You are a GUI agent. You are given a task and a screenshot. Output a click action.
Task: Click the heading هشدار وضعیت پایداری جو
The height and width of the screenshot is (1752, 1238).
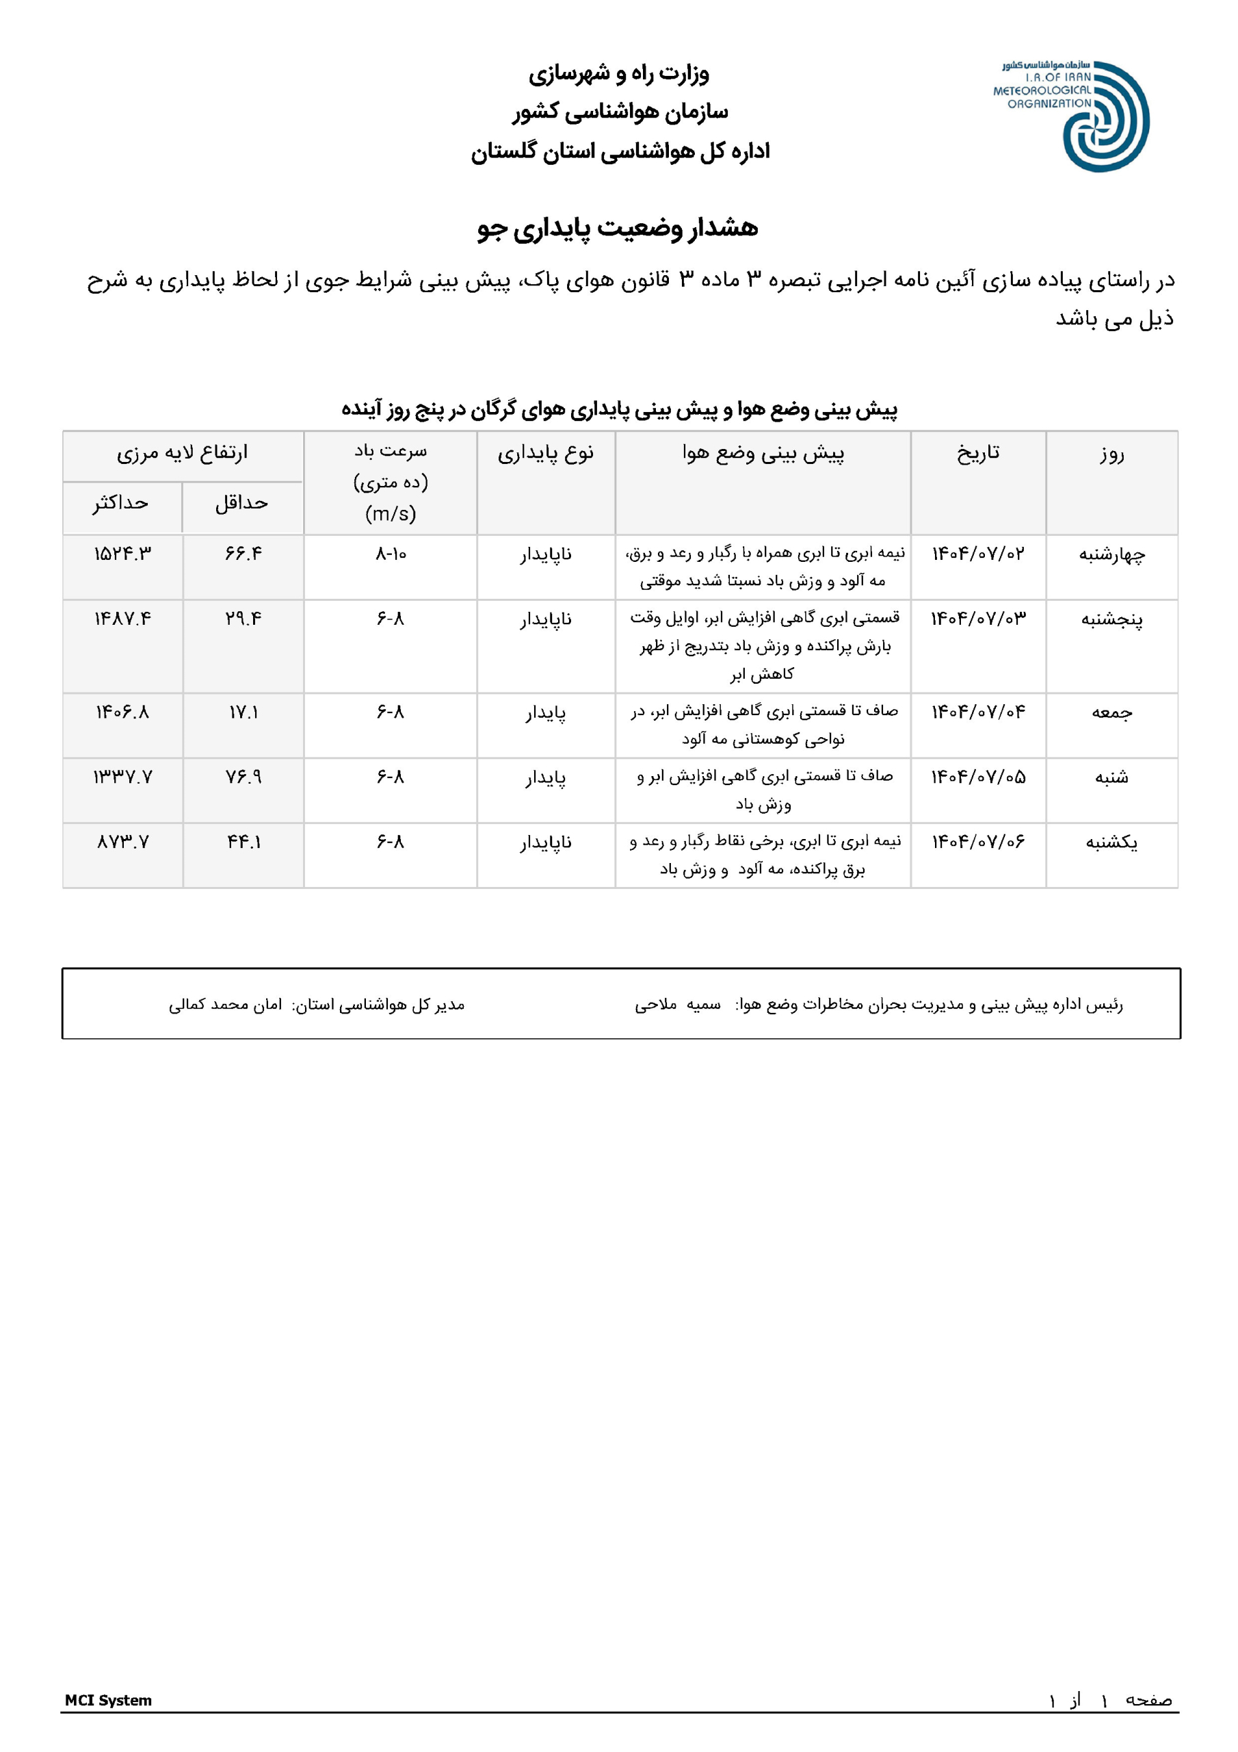click(x=618, y=228)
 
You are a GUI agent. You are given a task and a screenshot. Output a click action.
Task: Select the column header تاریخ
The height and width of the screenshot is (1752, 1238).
click(x=978, y=453)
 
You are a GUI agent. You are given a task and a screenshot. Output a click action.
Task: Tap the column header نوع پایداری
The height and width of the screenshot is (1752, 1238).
click(x=545, y=454)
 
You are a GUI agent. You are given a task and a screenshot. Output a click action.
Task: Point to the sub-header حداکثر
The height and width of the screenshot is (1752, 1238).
click(x=120, y=503)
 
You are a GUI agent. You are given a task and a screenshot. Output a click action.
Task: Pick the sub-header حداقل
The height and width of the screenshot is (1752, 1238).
click(x=242, y=503)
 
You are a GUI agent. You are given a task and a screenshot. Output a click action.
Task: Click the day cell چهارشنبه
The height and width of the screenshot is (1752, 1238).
click(x=1111, y=555)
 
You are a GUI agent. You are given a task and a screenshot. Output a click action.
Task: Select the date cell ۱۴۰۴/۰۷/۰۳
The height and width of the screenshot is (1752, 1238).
click(x=978, y=619)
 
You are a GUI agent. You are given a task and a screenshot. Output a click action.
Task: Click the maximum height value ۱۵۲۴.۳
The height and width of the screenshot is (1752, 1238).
click(x=122, y=554)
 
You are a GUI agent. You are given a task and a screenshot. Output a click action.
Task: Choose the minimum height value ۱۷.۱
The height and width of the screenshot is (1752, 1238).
click(x=243, y=712)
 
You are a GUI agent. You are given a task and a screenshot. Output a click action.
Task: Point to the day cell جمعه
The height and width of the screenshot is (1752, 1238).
click(x=1111, y=712)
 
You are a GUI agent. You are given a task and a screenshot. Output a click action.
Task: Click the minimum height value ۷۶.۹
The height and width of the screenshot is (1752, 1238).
click(x=243, y=777)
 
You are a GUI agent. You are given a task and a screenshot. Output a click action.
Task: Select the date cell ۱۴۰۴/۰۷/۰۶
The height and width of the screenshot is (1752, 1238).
click(x=978, y=842)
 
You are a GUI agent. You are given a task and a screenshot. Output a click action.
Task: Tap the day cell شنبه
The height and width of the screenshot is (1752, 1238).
click(x=1111, y=777)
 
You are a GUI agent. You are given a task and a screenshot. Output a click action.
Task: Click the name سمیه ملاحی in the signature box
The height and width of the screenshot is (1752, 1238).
click(x=677, y=1005)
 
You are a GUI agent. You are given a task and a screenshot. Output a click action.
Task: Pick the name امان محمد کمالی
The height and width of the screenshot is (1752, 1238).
click(x=225, y=1005)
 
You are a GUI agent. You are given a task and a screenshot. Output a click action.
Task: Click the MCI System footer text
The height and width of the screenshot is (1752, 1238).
click(x=108, y=1700)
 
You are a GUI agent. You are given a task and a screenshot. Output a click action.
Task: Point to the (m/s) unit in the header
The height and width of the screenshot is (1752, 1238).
click(x=391, y=513)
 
